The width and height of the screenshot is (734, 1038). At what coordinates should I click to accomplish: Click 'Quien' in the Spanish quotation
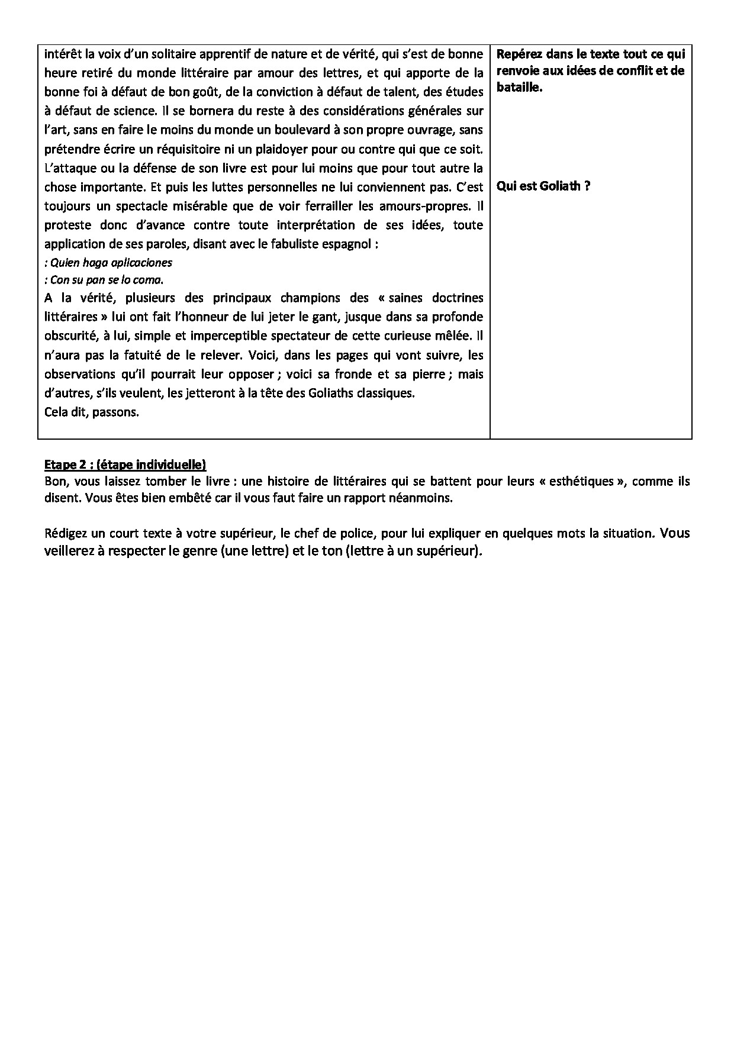tap(65, 262)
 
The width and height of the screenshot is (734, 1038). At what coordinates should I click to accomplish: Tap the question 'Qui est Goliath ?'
tap(543, 186)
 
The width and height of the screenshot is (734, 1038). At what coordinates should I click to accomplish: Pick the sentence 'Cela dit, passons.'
tap(92, 412)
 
